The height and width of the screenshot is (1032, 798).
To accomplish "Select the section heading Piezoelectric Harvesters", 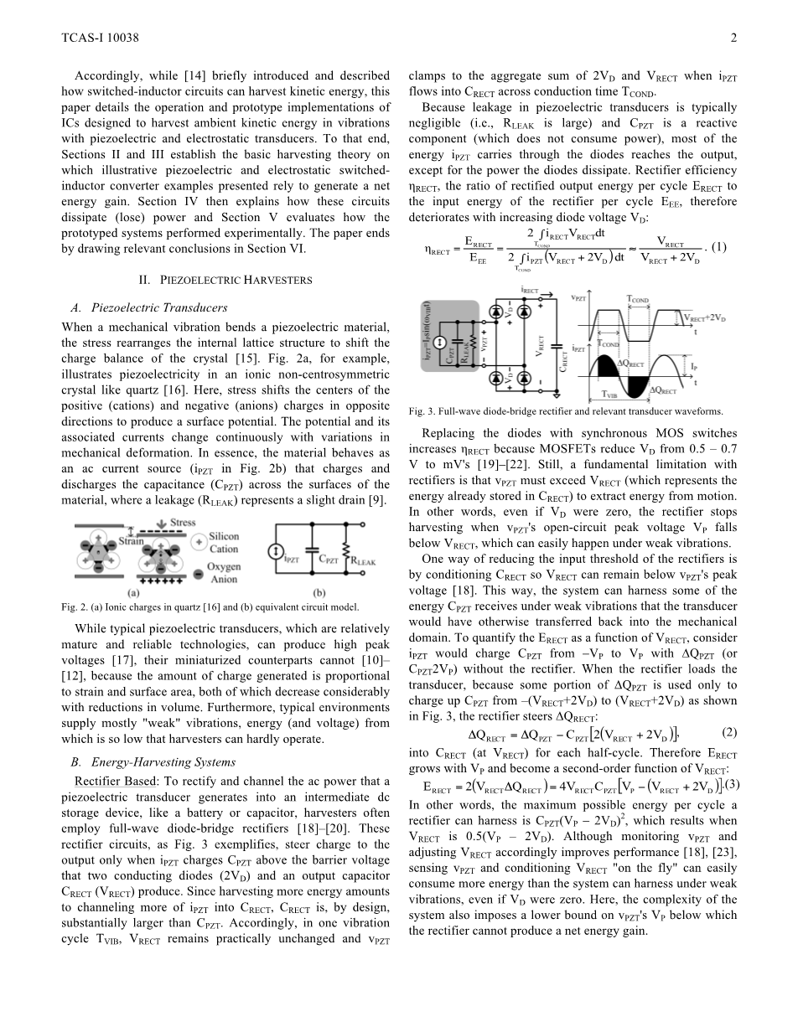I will pos(225,280).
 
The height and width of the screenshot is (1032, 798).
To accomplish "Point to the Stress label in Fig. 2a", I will pos(183,524).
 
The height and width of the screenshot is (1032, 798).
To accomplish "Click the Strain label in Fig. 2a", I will pos(128,540).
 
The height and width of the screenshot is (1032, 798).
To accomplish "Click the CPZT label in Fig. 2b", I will pos(326,559).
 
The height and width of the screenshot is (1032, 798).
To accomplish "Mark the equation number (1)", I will pos(719,247).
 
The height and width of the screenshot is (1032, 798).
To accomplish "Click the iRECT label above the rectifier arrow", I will pos(530,292).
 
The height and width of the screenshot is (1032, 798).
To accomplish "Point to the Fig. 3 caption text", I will pos(566,411).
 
